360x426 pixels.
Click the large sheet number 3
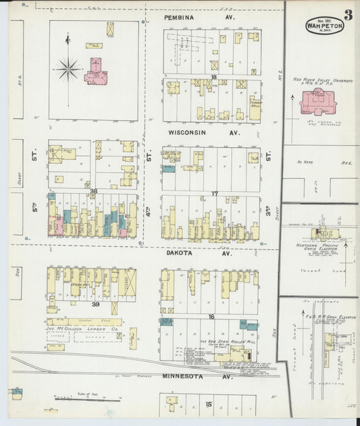tap(347, 16)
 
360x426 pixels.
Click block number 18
tap(213, 78)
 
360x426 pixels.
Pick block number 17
tap(213, 194)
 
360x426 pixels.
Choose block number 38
tap(94, 191)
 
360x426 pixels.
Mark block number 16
tap(211, 316)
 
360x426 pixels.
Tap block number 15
tap(209, 404)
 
